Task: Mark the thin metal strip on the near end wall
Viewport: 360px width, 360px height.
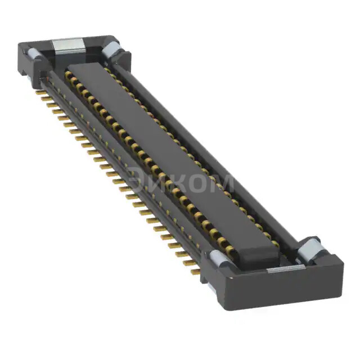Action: pos(285,269)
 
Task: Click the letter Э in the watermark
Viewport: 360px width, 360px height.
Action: pos(137,179)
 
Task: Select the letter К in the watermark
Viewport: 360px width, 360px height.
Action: pos(179,181)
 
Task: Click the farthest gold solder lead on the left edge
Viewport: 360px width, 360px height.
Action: pos(40,92)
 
